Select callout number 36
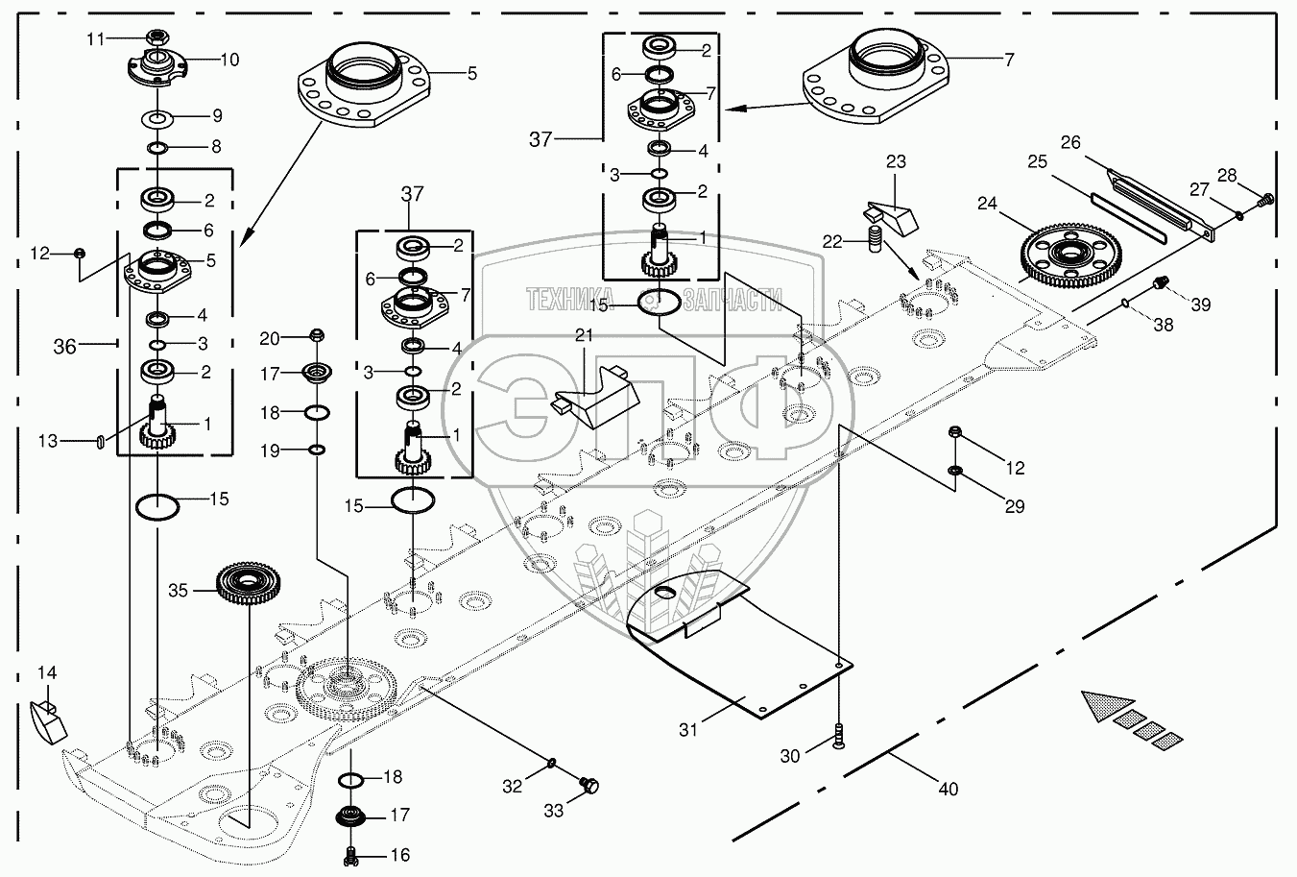(64, 348)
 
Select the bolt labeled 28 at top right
(1265, 200)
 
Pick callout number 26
(1070, 143)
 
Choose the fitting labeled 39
(1160, 283)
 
